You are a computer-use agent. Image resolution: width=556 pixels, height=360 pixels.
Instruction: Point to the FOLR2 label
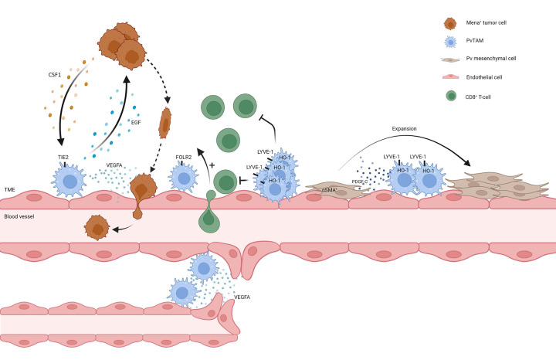(x=184, y=157)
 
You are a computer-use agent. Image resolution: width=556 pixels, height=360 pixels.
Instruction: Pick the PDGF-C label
(x=359, y=182)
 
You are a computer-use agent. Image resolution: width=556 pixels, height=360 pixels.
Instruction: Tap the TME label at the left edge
(x=9, y=188)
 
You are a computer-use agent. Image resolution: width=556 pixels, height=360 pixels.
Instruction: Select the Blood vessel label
(x=18, y=217)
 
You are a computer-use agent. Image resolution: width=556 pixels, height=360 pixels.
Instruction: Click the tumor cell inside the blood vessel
(x=97, y=227)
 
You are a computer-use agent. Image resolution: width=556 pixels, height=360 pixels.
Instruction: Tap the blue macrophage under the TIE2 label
(x=70, y=182)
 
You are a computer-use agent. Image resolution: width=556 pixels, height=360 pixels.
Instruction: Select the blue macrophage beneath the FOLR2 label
(x=184, y=179)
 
